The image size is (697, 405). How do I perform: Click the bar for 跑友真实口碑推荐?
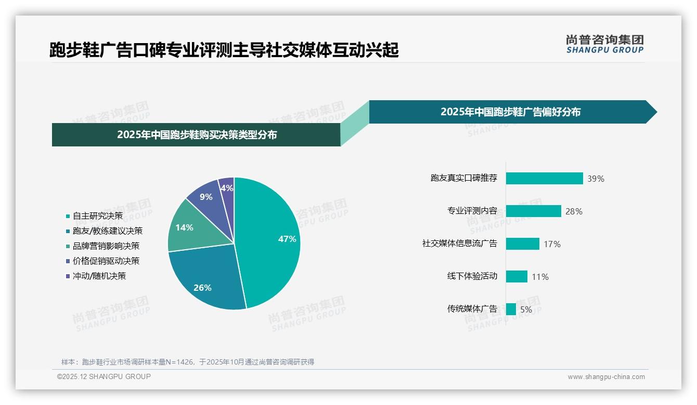tap(544, 179)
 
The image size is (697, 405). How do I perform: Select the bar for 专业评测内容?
tap(533, 211)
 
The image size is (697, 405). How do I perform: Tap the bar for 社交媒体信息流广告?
tap(522, 244)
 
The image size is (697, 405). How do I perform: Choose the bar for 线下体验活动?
tap(517, 277)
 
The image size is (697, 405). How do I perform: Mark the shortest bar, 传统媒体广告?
tap(511, 309)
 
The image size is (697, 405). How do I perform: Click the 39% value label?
tap(596, 179)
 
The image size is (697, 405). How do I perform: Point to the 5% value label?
tap(526, 310)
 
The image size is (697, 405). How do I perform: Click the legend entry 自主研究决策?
tap(98, 216)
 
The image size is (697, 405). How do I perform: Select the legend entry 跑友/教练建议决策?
tap(108, 231)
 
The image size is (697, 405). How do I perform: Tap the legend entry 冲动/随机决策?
tap(99, 276)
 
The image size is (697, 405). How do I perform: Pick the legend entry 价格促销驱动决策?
tap(106, 261)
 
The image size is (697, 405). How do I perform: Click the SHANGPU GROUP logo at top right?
tap(604, 44)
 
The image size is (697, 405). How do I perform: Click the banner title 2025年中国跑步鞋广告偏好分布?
tap(510, 112)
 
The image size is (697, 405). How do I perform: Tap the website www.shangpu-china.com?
tap(606, 377)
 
